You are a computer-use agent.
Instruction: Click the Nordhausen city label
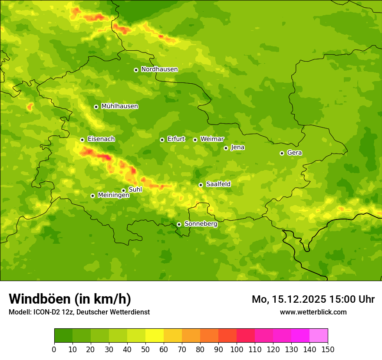tap(159, 69)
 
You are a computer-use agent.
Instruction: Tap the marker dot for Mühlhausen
tap(96, 107)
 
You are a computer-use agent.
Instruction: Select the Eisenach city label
tap(101, 139)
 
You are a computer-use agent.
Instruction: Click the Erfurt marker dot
tap(162, 140)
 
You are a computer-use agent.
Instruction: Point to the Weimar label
tap(212, 139)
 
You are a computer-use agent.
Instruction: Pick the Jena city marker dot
tap(226, 148)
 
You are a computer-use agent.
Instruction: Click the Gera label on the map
tap(294, 153)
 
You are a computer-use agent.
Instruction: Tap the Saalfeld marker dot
tap(201, 185)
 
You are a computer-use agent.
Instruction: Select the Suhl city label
tap(135, 190)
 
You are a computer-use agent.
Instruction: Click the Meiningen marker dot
tap(92, 196)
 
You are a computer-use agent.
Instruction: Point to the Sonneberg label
tap(201, 224)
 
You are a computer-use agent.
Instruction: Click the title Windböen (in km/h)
tap(70, 299)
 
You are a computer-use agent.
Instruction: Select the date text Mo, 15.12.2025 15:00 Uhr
tap(313, 299)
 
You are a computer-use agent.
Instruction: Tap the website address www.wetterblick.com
tap(313, 312)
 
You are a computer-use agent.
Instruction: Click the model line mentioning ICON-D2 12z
tap(79, 312)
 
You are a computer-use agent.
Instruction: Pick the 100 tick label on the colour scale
tap(237, 349)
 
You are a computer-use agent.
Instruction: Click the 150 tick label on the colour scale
tap(328, 349)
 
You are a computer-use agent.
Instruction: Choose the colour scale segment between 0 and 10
tap(63, 335)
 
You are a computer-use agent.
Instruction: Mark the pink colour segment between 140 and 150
tap(319, 335)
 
